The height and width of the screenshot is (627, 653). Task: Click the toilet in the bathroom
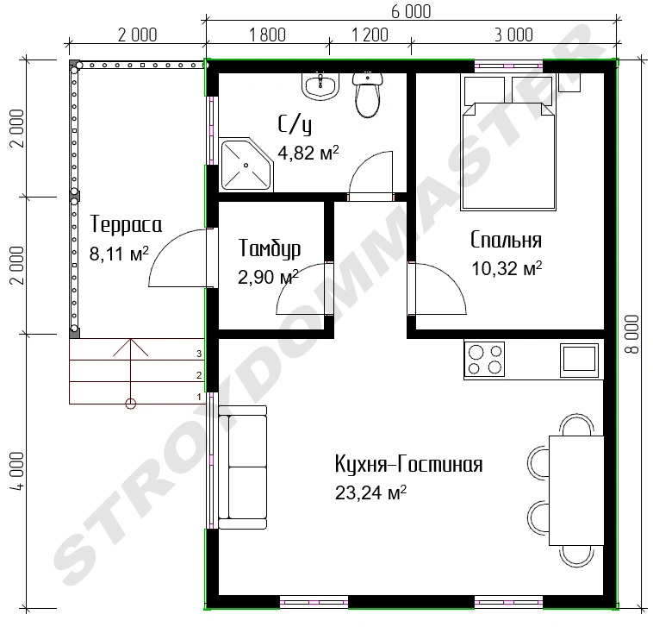[367, 95]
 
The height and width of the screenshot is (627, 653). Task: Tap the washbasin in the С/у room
[320, 86]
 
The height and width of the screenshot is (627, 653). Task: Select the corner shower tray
[246, 164]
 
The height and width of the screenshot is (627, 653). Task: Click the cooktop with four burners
[484, 359]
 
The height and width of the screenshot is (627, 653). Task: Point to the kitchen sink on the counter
[579, 358]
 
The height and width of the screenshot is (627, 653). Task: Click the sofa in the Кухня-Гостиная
[243, 467]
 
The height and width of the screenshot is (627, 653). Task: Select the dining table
[576, 490]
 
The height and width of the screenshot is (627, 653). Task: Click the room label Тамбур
[270, 249]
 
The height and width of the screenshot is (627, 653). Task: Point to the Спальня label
[506, 240]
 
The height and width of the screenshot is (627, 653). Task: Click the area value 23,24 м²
[370, 492]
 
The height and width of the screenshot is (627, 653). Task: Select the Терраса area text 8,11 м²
[119, 253]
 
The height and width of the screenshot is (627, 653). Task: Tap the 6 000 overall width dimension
[411, 11]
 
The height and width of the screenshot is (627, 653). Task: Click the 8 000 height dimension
[632, 334]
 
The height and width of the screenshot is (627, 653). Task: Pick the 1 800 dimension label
[267, 35]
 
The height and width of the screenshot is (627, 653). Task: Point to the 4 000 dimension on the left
[19, 472]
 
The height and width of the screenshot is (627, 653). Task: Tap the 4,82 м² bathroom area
[308, 153]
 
